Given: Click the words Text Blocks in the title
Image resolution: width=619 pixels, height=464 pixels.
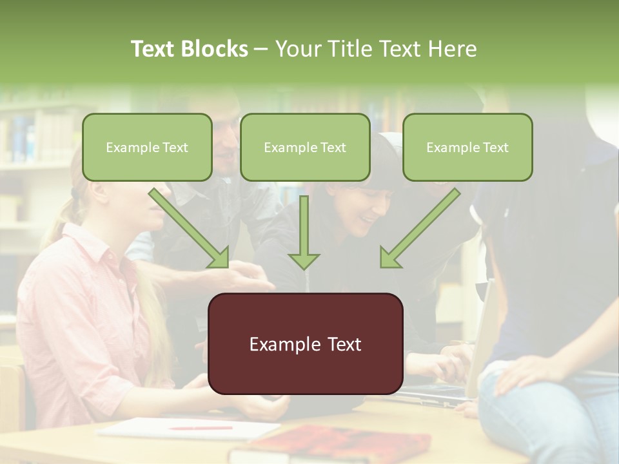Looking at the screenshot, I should [189, 49].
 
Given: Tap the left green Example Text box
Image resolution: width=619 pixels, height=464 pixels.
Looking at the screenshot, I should [147, 148].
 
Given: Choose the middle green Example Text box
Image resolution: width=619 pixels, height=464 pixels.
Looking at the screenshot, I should [305, 148].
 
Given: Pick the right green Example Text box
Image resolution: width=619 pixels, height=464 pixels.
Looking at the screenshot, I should [467, 148].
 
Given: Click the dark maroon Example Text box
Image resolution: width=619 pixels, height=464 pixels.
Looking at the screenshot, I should [306, 344].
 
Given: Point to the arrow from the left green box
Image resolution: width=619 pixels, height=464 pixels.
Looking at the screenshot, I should [190, 228].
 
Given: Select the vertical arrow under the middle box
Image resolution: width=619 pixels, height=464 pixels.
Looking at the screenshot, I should [304, 229].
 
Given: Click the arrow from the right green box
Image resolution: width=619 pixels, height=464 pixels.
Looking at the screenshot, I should [420, 228].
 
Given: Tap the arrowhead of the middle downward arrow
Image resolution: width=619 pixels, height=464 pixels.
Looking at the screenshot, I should [304, 260].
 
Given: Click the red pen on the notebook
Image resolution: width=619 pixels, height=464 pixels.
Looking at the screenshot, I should [200, 427].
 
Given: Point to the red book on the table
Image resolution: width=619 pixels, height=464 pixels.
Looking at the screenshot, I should [335, 445].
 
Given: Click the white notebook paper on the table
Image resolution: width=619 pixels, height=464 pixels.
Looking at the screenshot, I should [187, 428].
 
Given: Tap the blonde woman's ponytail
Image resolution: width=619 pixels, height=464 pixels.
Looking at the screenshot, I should [61, 219].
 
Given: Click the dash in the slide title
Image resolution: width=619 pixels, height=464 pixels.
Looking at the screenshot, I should [261, 50].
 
